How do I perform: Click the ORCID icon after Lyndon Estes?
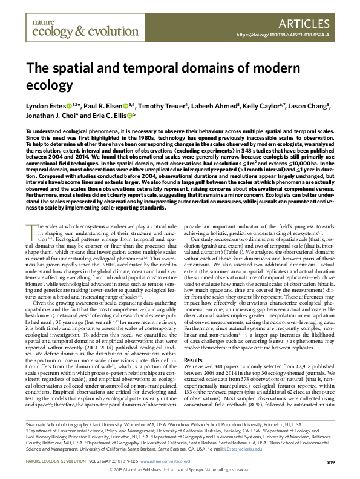pyautogui.click(x=68, y=107)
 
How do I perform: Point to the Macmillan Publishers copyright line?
pyautogui.click(x=180, y=471)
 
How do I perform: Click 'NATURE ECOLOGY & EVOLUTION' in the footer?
pyautogui.click(x=59, y=462)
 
